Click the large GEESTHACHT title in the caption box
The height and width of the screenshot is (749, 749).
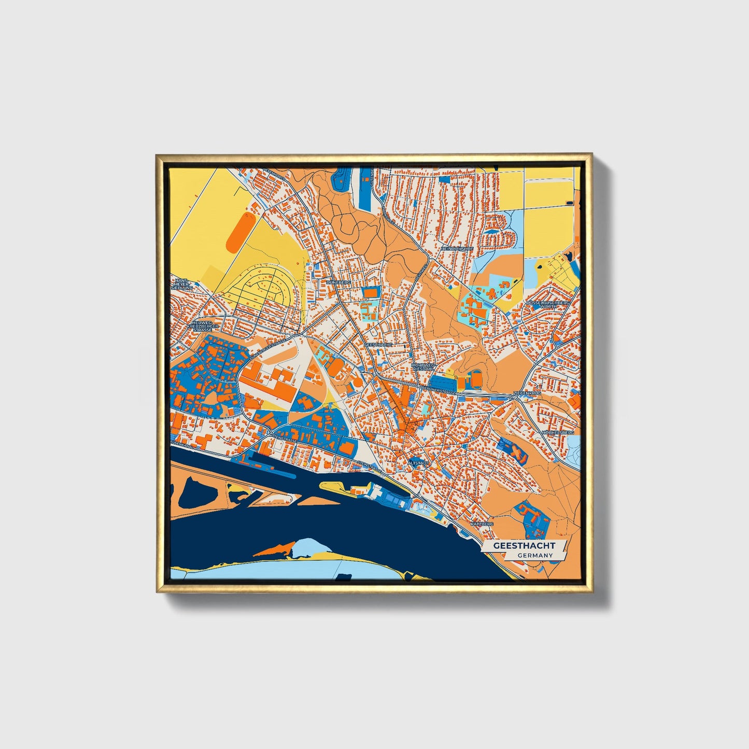(x=524, y=546)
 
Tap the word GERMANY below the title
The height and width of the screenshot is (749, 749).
(x=534, y=556)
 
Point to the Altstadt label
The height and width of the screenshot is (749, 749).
(x=418, y=462)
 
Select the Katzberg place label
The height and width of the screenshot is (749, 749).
(x=482, y=524)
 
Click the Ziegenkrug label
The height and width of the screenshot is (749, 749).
(x=527, y=394)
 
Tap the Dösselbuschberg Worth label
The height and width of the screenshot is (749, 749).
(x=548, y=304)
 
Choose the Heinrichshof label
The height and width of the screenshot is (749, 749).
(x=457, y=249)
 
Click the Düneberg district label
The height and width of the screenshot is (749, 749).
(x=338, y=282)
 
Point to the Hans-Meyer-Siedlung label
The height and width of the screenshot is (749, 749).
(x=183, y=284)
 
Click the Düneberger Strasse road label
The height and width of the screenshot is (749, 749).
(x=268, y=351)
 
